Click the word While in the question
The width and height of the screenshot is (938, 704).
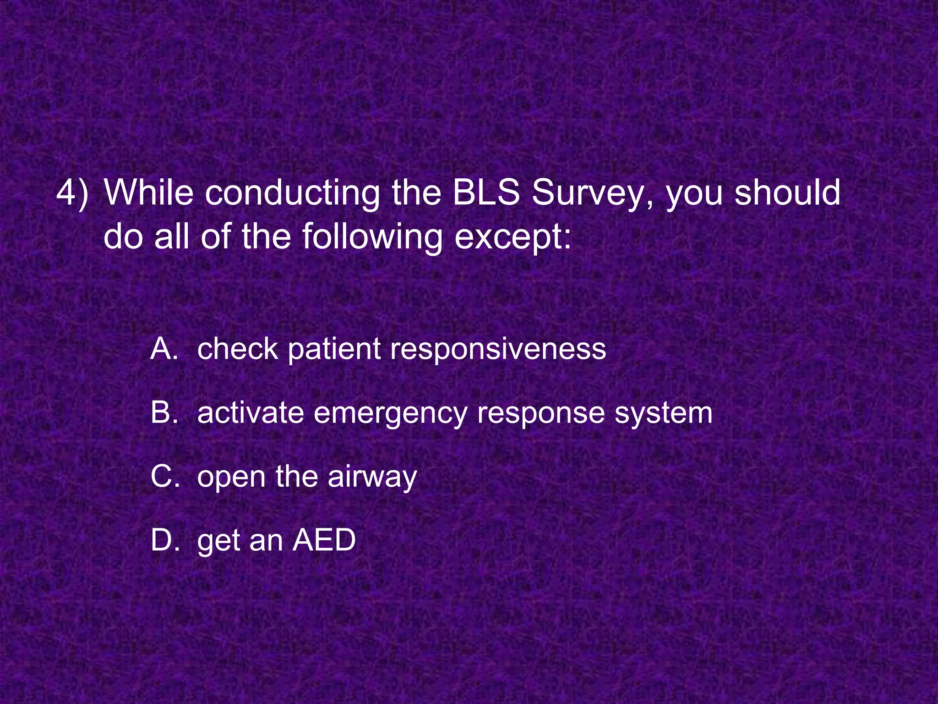[x=149, y=192]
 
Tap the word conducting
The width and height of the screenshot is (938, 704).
[x=292, y=192]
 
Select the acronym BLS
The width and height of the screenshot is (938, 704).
[x=486, y=192]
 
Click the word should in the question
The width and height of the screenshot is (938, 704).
[x=788, y=192]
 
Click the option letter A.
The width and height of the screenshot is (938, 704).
[x=164, y=349]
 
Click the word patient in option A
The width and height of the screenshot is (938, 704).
[x=335, y=350]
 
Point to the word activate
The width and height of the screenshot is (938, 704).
[x=251, y=412]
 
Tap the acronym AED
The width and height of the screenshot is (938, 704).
[x=324, y=540]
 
